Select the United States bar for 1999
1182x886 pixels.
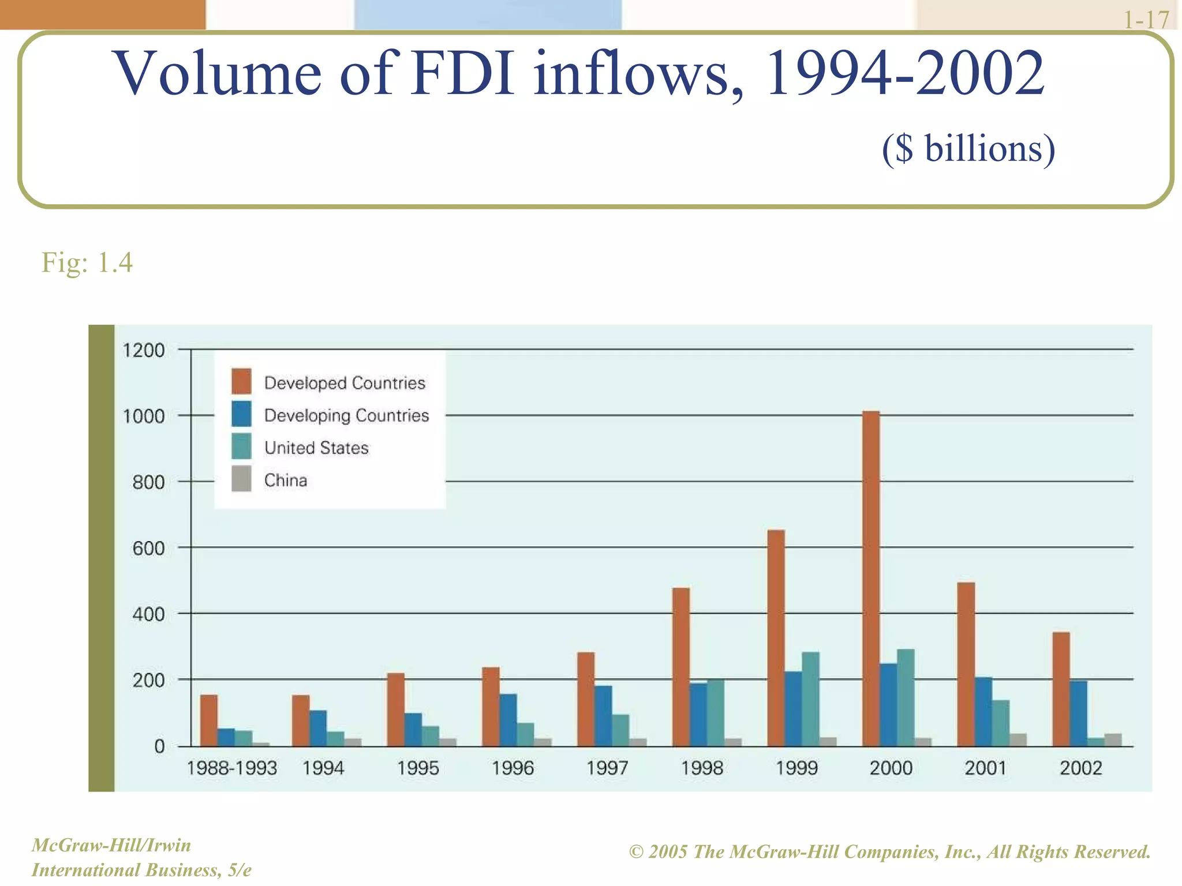[810, 699]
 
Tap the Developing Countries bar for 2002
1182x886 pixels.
[1078, 714]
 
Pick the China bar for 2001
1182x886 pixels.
[1018, 739]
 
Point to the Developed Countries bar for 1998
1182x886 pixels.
[681, 667]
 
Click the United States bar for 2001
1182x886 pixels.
[1001, 723]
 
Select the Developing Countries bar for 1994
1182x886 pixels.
[318, 728]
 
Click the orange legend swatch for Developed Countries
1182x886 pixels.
[241, 381]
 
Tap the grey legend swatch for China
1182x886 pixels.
[241, 479]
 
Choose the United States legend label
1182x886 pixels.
[316, 448]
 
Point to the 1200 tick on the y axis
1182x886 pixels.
[144, 350]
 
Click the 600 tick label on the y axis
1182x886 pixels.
[148, 549]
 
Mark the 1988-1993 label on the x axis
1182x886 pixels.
[232, 768]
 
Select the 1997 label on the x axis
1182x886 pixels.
[607, 768]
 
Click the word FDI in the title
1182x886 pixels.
[462, 74]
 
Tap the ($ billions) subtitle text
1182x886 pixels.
[968, 149]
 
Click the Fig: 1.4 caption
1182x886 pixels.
[87, 262]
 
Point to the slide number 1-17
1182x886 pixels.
[1146, 19]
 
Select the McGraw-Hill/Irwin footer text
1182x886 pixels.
[111, 845]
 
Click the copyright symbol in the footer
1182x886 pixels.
[636, 852]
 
